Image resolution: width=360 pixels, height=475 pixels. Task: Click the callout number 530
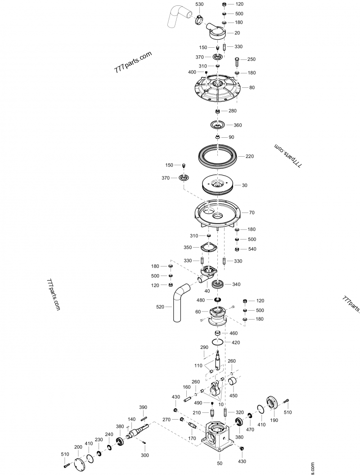pos(199,4)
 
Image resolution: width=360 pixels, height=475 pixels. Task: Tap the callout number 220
pos(249,156)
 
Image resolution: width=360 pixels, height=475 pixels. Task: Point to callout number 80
pos(252,87)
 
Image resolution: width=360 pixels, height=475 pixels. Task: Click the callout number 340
pos(236,284)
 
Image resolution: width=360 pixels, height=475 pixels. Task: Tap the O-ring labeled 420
pos(218,342)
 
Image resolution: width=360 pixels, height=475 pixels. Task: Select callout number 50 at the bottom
pos(220,463)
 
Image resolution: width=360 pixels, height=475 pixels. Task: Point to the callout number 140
pos(131,419)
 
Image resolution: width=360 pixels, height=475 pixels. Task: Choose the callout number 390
pos(143,407)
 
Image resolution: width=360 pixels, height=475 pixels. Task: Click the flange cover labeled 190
pos(273,403)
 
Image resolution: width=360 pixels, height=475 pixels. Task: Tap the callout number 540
pos(252,249)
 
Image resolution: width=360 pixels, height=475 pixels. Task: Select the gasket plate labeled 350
pos(208,247)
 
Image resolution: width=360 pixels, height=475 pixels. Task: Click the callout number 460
pos(234,333)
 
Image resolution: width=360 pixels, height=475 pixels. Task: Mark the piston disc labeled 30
pos(218,185)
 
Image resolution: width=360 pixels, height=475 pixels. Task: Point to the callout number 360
pos(238,125)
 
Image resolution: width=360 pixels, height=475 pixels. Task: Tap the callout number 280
pos(232,111)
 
